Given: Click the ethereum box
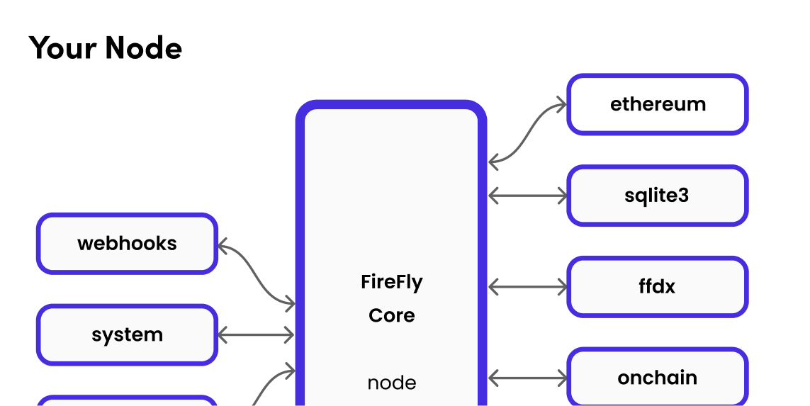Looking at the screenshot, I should point(657,104).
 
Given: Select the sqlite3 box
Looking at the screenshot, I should point(657,196).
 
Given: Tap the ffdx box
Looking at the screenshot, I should point(657,287).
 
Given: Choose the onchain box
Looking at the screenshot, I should point(657,378).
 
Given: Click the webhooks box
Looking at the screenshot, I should point(127,244).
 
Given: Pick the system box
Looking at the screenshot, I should point(127,334).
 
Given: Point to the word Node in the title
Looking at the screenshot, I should point(144,48).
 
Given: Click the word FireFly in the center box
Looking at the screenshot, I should point(391,282).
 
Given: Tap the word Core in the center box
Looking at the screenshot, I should point(391,315).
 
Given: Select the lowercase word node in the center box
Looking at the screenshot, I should point(391,383).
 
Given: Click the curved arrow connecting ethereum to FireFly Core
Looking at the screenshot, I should point(528,135).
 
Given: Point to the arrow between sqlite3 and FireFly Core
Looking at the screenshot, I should point(528,194).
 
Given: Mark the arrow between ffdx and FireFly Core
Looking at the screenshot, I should point(528,287).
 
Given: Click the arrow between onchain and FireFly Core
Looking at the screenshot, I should point(528,378).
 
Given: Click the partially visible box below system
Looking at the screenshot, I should point(127,401).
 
